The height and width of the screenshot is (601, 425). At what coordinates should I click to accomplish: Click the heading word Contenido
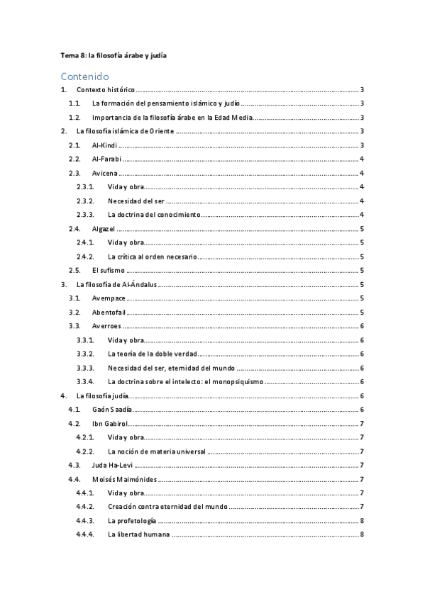84,76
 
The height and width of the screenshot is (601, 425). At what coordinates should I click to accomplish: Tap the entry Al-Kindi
105,145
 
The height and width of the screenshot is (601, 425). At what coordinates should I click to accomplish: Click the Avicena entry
105,173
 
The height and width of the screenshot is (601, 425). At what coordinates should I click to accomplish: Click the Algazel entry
104,229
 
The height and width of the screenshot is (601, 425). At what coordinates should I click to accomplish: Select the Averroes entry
106,326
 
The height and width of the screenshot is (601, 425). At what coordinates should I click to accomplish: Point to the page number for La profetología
362,521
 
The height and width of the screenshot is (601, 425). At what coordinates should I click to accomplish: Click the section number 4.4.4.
85,534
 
